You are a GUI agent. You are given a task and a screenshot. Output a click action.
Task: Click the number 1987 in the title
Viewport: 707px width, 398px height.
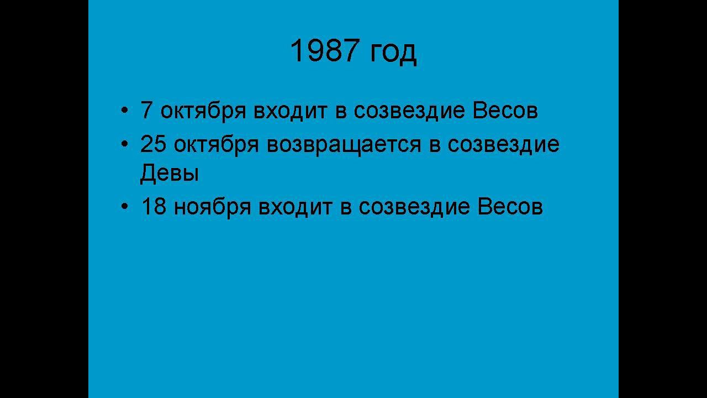coord(324,51)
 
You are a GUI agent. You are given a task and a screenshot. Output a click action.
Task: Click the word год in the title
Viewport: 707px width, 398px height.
coord(393,53)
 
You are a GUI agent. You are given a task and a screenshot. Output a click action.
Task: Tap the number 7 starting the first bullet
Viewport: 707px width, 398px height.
coord(146,110)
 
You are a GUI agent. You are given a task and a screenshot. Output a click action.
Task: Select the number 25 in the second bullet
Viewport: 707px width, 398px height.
coord(153,144)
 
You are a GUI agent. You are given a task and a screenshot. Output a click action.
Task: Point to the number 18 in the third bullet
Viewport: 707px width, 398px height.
coord(154,207)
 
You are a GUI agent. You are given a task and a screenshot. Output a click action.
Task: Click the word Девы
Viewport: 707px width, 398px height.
coord(170,174)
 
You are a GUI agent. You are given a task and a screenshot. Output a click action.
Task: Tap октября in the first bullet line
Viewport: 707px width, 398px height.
coord(203,111)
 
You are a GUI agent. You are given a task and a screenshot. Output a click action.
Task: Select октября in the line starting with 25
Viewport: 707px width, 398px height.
coord(217,145)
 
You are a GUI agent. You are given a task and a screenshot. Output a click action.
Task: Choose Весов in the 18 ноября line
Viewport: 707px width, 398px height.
coord(510,207)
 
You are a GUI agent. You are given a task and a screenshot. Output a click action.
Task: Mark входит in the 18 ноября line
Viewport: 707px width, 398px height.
coord(296,208)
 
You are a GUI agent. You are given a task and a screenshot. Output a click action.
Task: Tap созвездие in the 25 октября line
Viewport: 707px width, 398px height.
coord(503,145)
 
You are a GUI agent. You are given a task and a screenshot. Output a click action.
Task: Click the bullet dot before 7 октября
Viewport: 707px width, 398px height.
coord(124,111)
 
